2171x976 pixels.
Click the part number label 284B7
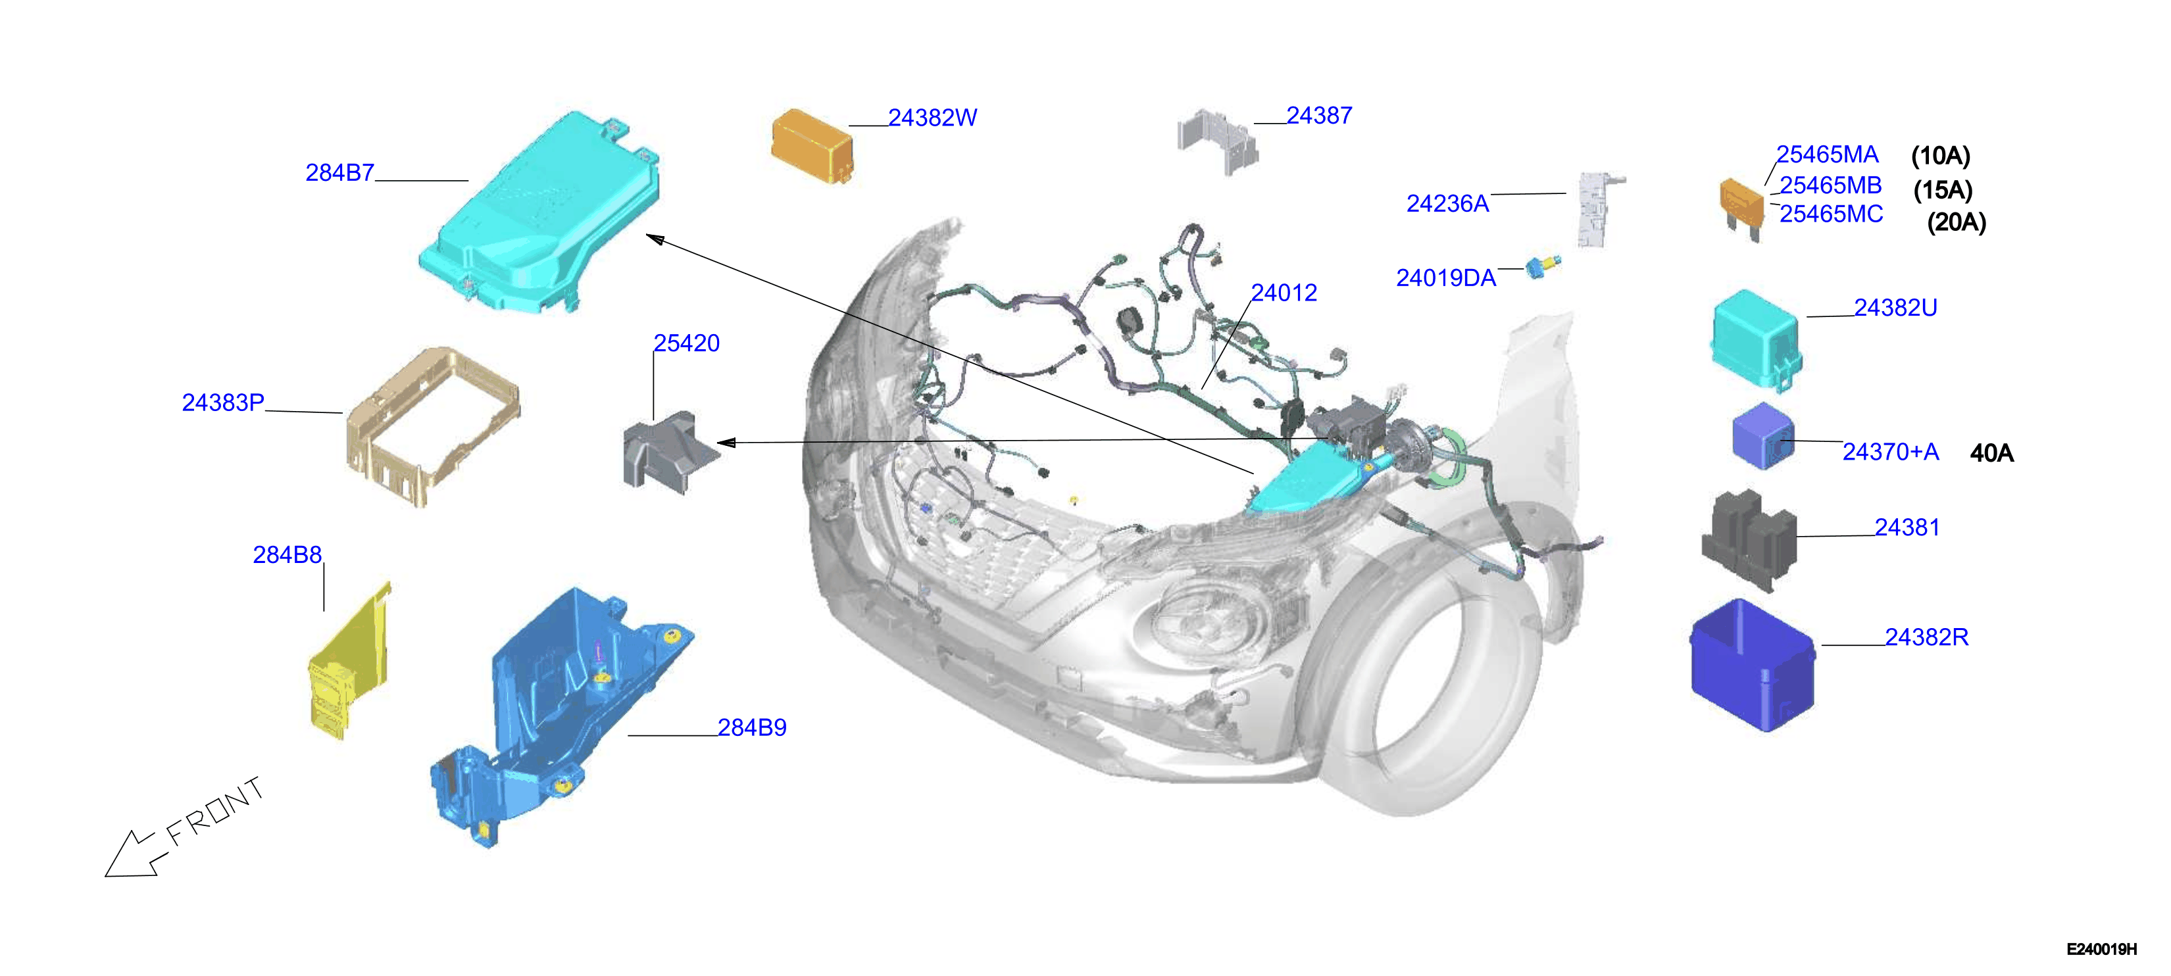point(339,173)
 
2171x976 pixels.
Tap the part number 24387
point(1319,116)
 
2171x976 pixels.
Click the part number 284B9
point(752,727)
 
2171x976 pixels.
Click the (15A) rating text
point(1943,189)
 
